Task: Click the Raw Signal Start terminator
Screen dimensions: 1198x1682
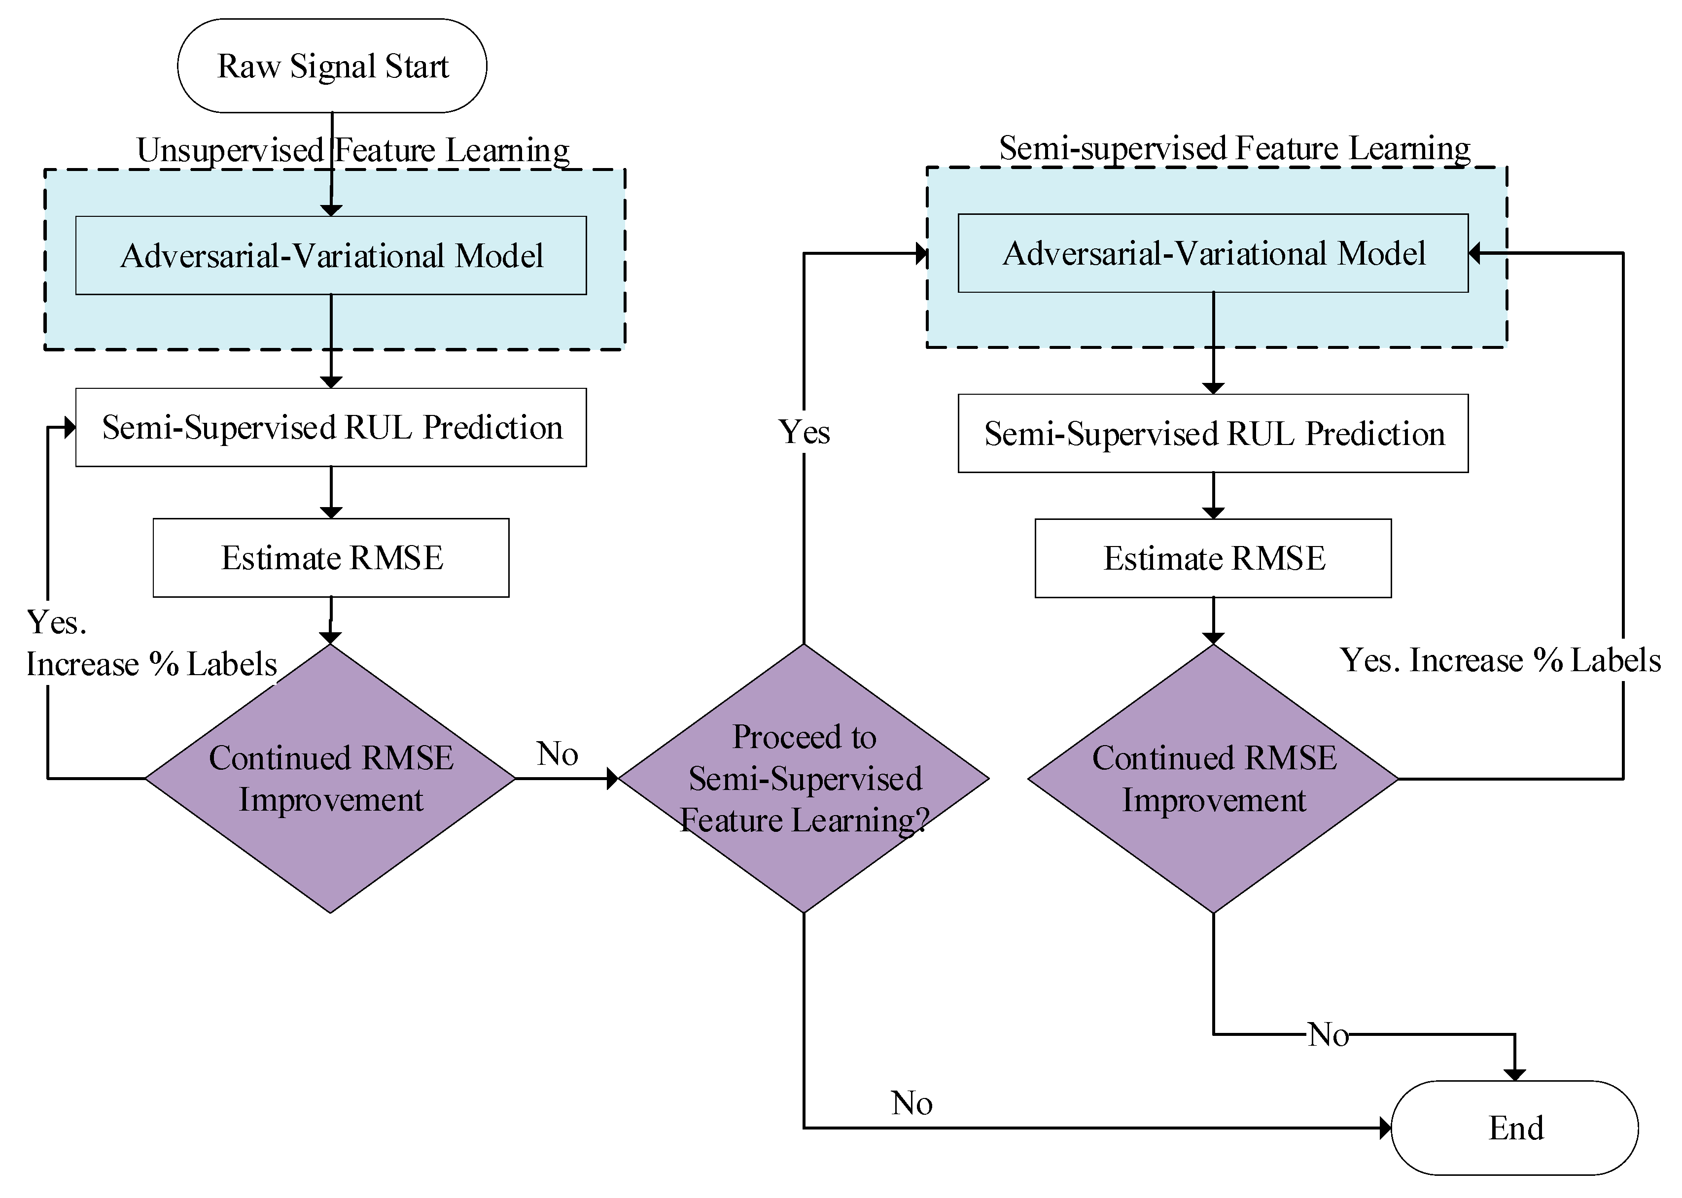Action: point(332,66)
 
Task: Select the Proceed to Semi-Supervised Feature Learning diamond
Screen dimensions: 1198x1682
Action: point(804,778)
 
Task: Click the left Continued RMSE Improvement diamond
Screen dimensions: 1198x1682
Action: point(330,778)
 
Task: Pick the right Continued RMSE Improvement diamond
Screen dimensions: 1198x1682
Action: point(1214,778)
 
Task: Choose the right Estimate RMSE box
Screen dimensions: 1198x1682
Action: point(1214,558)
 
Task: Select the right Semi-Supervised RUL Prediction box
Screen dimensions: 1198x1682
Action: point(1214,434)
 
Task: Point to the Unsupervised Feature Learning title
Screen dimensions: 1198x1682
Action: point(352,150)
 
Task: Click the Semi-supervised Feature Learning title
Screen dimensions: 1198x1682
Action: point(1234,148)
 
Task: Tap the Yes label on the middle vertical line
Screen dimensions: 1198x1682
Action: point(804,432)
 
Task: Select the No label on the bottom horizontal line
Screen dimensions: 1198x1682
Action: point(912,1103)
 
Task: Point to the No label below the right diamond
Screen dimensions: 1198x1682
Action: point(1328,1035)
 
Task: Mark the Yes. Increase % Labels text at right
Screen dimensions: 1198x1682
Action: point(1500,660)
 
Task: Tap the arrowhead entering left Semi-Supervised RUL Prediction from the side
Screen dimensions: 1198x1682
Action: point(70,428)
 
